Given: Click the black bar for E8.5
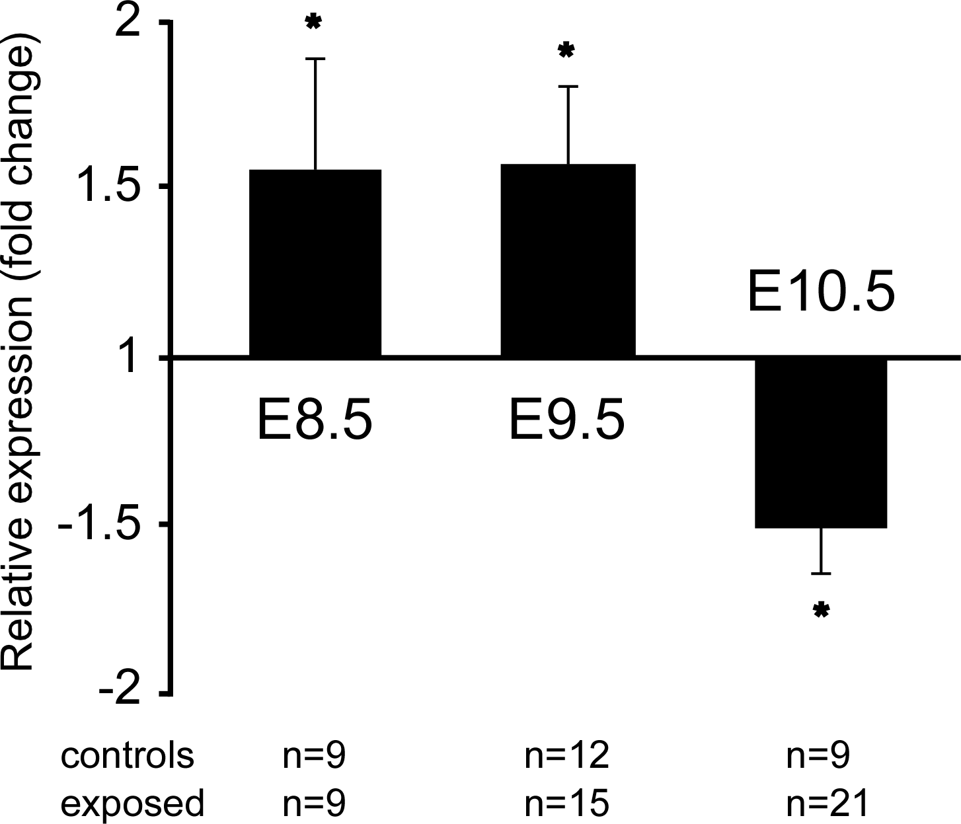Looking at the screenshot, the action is pos(315,263).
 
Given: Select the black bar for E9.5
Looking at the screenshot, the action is pos(568,260).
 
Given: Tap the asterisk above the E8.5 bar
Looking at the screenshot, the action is pos(314,22).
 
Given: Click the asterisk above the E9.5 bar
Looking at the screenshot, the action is pos(566,50).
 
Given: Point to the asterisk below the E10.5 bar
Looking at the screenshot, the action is pos(821,610).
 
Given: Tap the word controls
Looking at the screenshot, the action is pos(127,756).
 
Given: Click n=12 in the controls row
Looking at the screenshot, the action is pos(566,756).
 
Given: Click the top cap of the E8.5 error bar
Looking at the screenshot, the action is pos(315,59).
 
